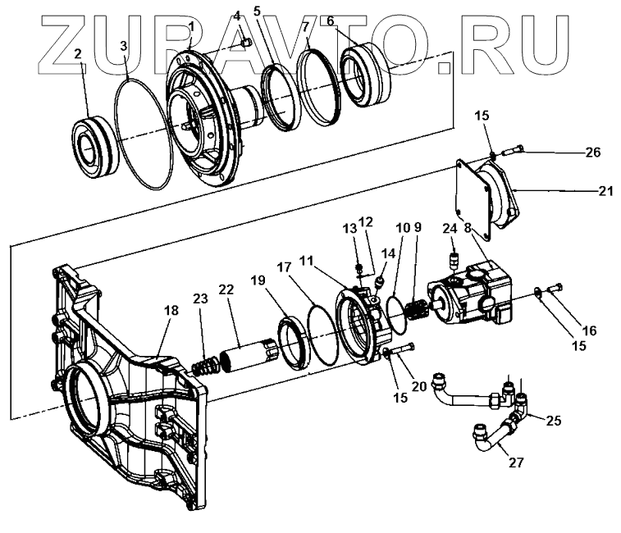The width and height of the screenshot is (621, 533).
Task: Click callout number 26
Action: tap(593, 152)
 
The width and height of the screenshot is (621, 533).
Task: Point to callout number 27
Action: tap(515, 462)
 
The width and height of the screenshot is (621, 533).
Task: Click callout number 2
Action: tap(78, 55)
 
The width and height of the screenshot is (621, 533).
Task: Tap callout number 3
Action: tap(124, 46)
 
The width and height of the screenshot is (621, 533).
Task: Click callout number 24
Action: tap(450, 229)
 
